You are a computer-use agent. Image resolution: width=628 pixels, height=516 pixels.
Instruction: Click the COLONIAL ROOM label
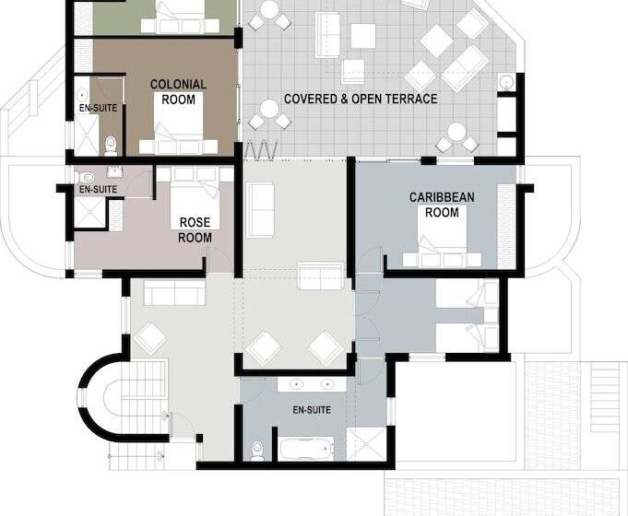click(178, 91)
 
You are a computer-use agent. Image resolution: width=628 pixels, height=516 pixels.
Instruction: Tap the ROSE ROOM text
click(195, 229)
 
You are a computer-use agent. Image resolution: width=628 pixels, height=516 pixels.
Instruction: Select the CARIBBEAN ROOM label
click(442, 205)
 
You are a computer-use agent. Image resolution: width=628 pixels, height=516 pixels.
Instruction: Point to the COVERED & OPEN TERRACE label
click(361, 99)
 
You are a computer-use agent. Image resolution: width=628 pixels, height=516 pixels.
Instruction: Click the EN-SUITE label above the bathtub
click(312, 410)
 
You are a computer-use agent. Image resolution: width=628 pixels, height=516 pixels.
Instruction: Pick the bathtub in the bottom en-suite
click(306, 449)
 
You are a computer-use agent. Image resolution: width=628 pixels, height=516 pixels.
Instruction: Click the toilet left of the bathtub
click(257, 451)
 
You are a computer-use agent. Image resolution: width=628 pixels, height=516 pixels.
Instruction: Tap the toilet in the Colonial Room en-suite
click(110, 146)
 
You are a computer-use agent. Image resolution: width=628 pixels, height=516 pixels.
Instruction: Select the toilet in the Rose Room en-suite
click(86, 177)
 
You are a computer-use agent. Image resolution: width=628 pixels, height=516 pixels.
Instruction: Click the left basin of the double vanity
click(296, 385)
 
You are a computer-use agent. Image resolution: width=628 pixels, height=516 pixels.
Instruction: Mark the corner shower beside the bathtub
click(366, 444)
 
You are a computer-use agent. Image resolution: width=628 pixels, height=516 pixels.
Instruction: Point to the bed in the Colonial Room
click(179, 124)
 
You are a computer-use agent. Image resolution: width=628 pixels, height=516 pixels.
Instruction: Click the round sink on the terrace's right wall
click(507, 82)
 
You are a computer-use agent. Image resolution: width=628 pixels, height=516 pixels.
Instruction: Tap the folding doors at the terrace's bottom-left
click(261, 148)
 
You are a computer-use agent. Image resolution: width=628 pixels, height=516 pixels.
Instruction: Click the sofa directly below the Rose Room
click(174, 293)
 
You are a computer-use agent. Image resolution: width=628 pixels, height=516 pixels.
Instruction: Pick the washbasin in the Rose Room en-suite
click(116, 172)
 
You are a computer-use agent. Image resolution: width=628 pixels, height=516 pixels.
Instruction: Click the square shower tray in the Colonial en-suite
click(87, 135)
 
